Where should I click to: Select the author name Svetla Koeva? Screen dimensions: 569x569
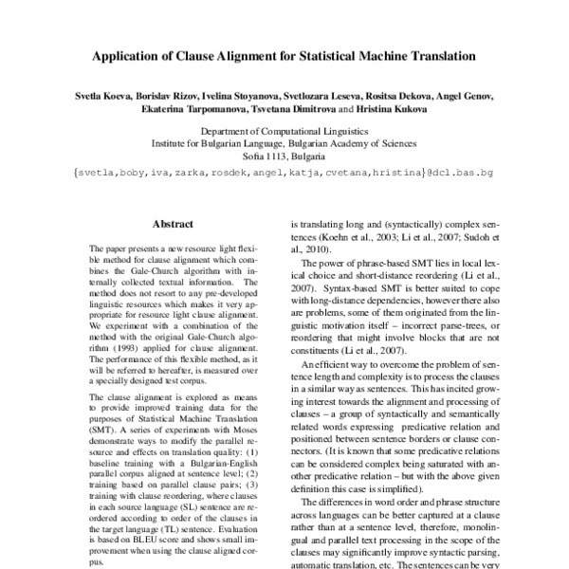click(106, 97)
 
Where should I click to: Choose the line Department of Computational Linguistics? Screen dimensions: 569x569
click(284, 134)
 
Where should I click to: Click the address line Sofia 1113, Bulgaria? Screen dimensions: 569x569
click(284, 155)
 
